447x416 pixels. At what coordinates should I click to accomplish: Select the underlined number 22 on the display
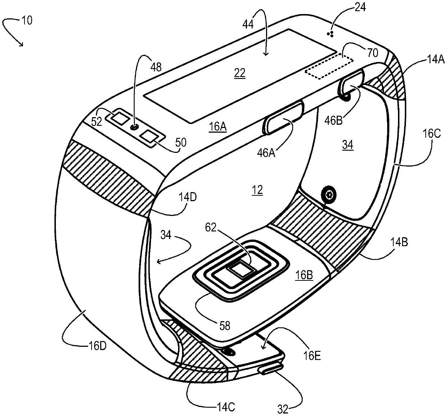pyautogui.click(x=240, y=73)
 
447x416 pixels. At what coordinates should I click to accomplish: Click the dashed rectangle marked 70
pyautogui.click(x=329, y=65)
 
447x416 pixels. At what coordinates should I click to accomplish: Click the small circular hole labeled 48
pyautogui.click(x=134, y=127)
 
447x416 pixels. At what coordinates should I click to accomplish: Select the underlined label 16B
pyautogui.click(x=304, y=276)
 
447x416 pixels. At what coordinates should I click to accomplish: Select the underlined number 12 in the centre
pyautogui.click(x=258, y=190)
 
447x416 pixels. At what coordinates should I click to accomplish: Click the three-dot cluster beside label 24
pyautogui.click(x=330, y=34)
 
